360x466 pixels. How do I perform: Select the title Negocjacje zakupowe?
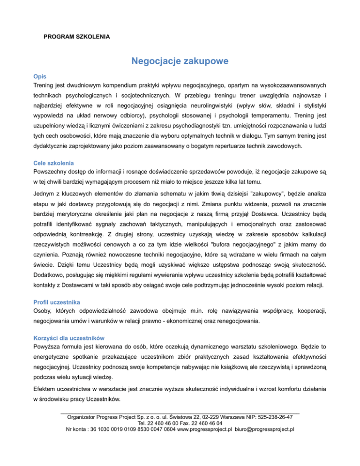click(180, 61)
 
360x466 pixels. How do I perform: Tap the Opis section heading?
click(39, 76)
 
